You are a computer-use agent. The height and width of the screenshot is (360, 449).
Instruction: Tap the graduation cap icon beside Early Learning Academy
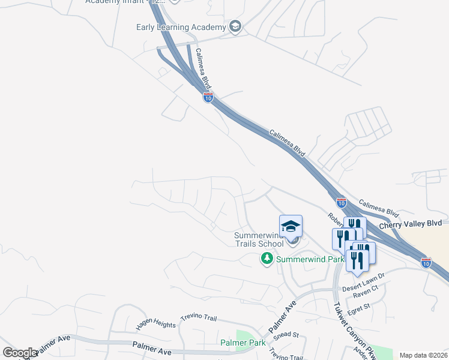235,26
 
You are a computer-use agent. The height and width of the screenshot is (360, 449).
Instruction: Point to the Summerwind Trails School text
259,240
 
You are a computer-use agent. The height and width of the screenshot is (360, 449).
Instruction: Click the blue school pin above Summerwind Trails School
291,226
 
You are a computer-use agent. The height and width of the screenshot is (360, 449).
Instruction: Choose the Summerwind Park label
310,259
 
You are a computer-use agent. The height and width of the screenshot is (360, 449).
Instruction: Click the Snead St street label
286,335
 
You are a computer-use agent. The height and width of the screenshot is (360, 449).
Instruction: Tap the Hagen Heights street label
156,324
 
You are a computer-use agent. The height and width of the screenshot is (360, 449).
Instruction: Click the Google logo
20,352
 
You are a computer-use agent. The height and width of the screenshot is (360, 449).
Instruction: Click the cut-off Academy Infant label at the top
125,1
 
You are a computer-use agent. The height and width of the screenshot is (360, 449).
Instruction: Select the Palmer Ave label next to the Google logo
56,347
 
